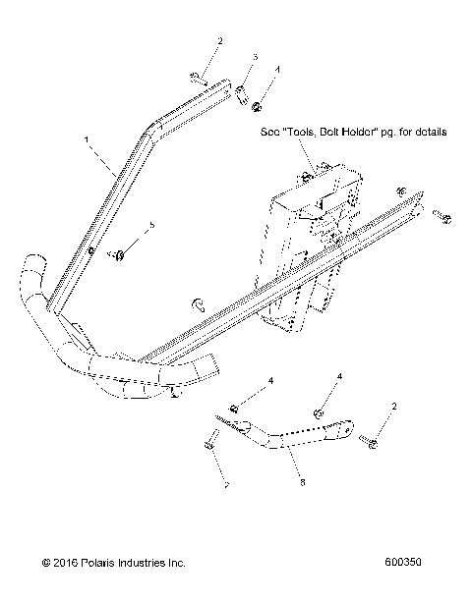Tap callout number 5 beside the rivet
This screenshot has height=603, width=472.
point(152,227)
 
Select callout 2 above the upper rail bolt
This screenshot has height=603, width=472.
point(220,41)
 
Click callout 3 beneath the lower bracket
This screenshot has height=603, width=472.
point(303,483)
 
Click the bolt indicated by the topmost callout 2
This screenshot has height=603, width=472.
point(199,75)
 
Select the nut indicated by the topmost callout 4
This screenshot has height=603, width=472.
point(257,105)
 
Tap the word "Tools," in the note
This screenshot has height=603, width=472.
point(292,132)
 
